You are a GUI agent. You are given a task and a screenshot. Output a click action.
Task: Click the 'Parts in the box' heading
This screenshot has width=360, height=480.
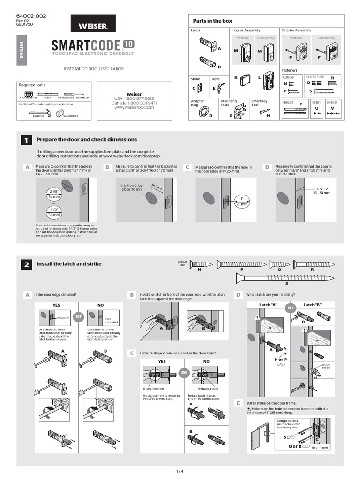pos(212,21)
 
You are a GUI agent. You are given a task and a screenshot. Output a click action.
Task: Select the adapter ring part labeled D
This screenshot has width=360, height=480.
pos(203,112)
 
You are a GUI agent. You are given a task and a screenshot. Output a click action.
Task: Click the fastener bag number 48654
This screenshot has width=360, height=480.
pos(288,102)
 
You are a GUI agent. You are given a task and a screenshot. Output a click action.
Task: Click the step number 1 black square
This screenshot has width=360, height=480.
pos(26,140)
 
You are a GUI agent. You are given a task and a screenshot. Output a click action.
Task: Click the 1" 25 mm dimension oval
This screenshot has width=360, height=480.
pos(241,201)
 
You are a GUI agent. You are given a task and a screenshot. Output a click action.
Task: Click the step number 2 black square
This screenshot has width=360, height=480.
pos(26,265)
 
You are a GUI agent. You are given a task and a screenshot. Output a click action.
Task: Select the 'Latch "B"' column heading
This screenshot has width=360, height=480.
pos(315,305)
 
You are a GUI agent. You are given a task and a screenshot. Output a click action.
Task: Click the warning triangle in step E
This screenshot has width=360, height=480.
pos(249,409)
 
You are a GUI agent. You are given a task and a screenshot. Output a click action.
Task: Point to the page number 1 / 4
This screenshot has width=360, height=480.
pos(180,470)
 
